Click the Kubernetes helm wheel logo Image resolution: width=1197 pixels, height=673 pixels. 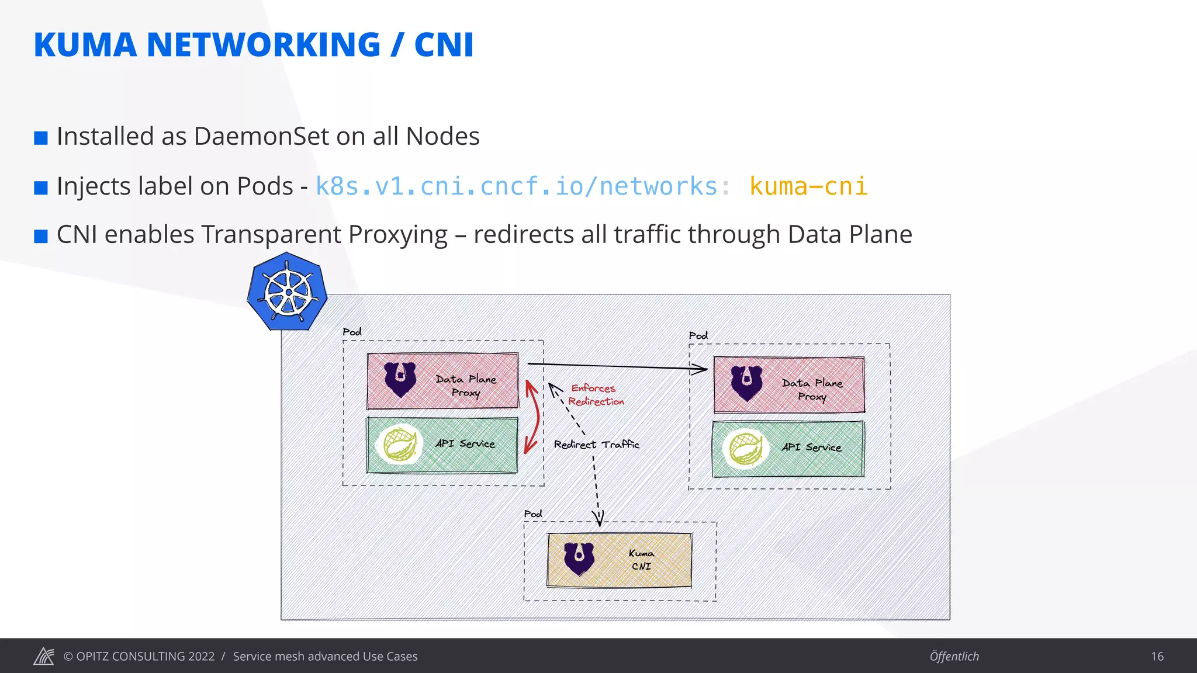[x=287, y=292]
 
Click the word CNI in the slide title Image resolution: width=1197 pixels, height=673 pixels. [x=444, y=45]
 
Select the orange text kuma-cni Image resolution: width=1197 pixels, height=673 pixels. [x=808, y=186]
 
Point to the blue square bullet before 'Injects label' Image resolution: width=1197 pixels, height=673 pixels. [x=41, y=188]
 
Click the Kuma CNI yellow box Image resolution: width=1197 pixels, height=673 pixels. [x=619, y=560]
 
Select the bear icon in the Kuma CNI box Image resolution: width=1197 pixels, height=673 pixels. [x=579, y=558]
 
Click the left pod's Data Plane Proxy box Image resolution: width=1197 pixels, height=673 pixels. [x=442, y=381]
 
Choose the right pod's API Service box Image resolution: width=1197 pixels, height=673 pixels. [x=788, y=449]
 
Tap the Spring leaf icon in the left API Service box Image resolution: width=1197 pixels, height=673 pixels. [x=400, y=444]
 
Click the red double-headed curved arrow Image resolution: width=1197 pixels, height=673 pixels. [x=531, y=417]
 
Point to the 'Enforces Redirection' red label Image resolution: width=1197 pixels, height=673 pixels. [x=595, y=395]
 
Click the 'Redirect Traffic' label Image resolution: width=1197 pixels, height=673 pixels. [x=596, y=445]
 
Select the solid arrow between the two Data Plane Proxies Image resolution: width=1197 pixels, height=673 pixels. [x=617, y=366]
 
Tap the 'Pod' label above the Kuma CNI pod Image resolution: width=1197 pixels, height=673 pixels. [x=532, y=514]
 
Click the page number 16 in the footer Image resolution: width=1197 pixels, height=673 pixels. [x=1157, y=656]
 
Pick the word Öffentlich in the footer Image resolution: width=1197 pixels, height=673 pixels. [x=954, y=656]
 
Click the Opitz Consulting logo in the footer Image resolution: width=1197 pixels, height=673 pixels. [x=44, y=656]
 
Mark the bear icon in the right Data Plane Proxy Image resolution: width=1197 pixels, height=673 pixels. [x=746, y=383]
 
